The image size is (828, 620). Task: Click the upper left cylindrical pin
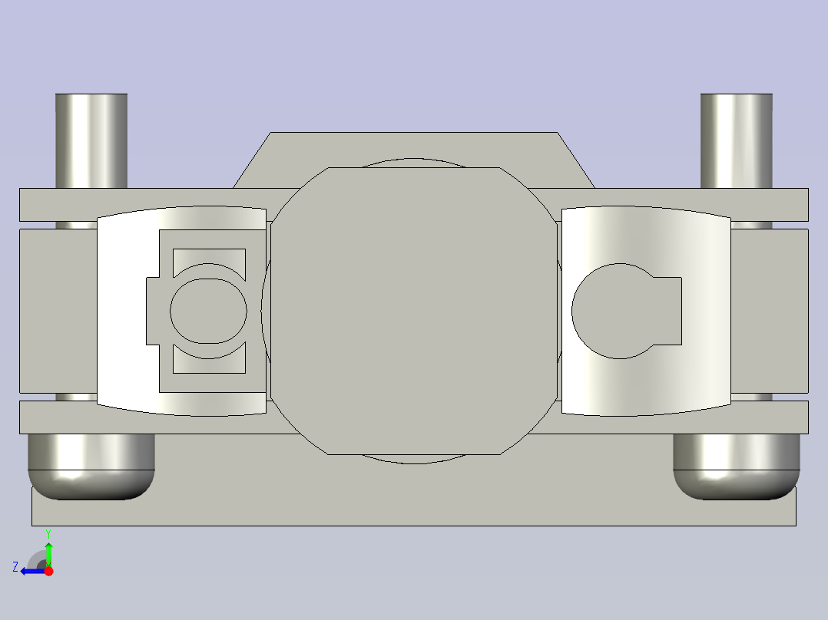91,140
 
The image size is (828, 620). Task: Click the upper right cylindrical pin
736,140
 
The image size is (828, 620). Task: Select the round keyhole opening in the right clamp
611,311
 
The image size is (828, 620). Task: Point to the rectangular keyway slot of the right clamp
667,311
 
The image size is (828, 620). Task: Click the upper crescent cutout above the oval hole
209,259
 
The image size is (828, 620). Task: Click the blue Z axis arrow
31,570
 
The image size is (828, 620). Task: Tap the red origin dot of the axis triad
48,570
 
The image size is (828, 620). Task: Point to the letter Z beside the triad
15,567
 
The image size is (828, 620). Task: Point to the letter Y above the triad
48,533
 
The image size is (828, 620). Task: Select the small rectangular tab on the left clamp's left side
152,311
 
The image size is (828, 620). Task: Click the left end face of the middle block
58,311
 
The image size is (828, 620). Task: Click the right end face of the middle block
770,311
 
